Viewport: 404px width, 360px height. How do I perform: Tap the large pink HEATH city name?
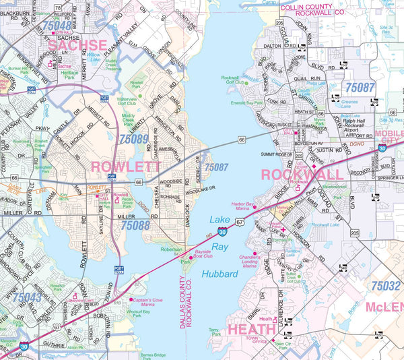[x=252, y=330]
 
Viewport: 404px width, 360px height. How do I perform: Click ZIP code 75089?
[x=133, y=139]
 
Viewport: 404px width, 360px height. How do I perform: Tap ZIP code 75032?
[x=382, y=285]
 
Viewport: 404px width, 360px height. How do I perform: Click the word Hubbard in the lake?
[x=219, y=274]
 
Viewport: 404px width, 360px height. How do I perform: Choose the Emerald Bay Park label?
[x=246, y=103]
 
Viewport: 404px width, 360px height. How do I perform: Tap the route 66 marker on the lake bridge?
[x=241, y=140]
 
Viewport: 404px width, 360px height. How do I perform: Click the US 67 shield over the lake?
[x=238, y=221]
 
